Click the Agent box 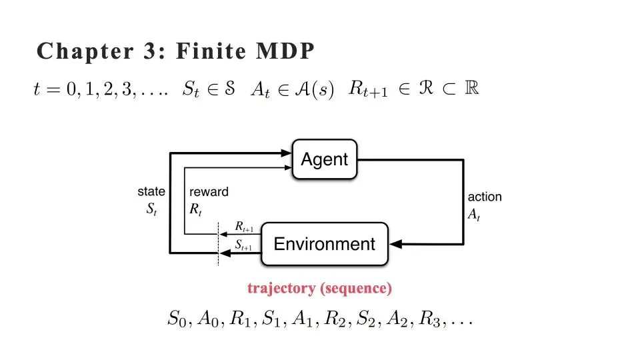325,159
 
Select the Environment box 325,244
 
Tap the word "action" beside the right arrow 485,197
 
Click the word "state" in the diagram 151,192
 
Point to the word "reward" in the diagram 209,192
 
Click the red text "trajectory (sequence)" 319,288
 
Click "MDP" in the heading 287,52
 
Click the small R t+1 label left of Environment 244,229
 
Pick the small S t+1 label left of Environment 244,247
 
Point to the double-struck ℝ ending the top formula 472,89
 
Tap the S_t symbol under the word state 151,208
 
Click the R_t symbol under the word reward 195,208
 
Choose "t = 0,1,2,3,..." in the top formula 99,90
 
